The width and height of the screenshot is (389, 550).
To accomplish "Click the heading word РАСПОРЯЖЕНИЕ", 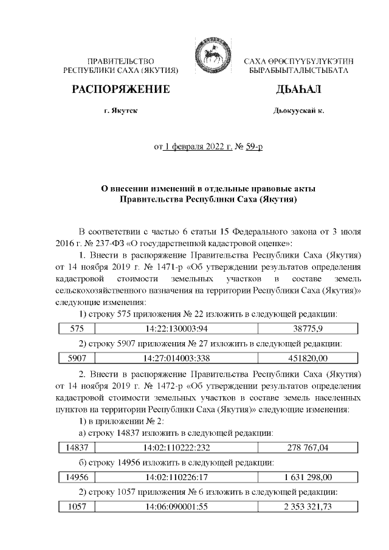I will (121, 91).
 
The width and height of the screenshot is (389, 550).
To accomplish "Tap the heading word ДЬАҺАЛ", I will (298, 91).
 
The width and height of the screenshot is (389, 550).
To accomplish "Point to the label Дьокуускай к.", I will (298, 112).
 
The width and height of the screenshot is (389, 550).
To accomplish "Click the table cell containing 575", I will (76, 329).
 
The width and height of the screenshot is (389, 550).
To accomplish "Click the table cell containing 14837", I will (77, 448).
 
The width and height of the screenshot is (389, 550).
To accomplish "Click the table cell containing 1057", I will (77, 506).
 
